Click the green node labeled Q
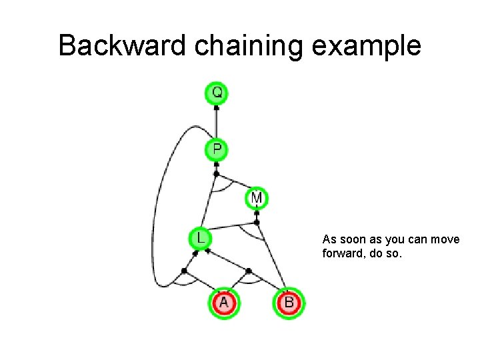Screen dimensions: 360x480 (217, 92)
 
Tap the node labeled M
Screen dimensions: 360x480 (257, 198)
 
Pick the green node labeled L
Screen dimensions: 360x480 (200, 237)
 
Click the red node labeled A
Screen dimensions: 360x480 (223, 303)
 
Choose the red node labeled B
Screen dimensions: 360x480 (289, 303)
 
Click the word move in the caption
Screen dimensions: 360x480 (445, 239)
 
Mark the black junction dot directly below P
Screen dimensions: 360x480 (216, 173)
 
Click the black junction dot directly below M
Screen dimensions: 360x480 (257, 221)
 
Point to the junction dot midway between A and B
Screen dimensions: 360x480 (248, 271)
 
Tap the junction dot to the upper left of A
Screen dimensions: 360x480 (184, 271)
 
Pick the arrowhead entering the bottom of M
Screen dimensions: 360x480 (257, 212)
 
